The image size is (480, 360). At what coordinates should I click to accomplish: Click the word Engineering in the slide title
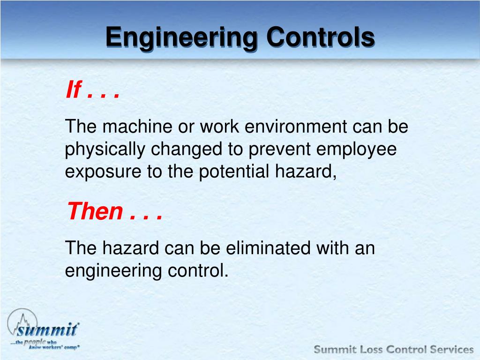[181, 37]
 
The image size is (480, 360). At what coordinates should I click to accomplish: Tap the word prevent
[279, 150]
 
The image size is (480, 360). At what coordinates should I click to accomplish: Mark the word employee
[357, 150]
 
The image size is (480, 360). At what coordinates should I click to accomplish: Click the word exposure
[102, 172]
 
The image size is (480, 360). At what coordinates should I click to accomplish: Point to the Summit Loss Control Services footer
[393, 349]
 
